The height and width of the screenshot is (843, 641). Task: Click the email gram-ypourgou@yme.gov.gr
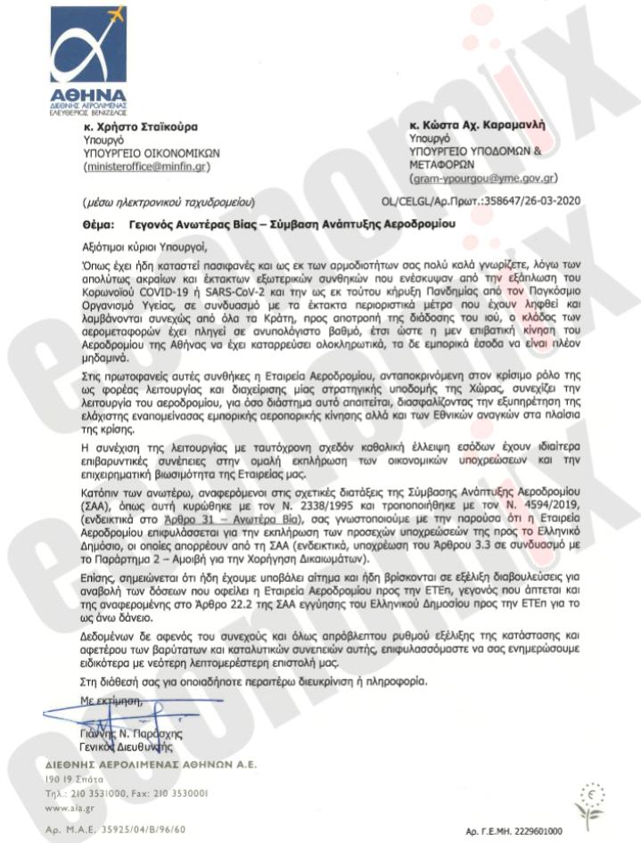(x=484, y=177)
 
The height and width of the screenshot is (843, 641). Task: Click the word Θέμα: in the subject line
(x=100, y=225)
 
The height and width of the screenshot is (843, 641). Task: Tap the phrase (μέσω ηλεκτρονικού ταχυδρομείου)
(x=168, y=201)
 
